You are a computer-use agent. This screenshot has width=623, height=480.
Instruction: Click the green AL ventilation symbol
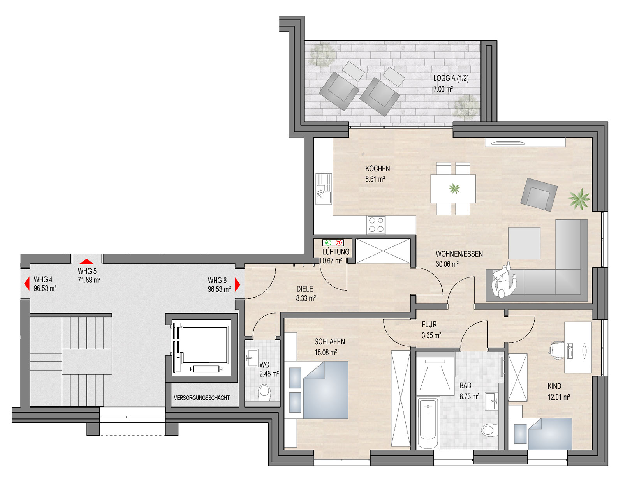pyautogui.click(x=328, y=243)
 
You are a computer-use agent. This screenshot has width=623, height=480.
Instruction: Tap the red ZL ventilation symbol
pyautogui.click(x=339, y=243)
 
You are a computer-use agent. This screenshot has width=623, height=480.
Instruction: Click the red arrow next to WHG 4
pyautogui.click(x=27, y=284)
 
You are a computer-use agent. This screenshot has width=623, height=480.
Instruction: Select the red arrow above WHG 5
pyautogui.click(x=86, y=261)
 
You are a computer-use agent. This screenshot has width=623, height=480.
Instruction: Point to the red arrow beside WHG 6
pyautogui.click(x=238, y=284)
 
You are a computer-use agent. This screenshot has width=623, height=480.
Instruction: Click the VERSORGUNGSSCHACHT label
pyautogui.click(x=202, y=398)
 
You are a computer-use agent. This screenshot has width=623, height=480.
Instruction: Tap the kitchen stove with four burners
pyautogui.click(x=377, y=225)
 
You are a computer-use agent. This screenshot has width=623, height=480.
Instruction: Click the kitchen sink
pyautogui.click(x=324, y=189)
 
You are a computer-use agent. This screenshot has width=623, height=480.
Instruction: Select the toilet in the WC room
pyautogui.click(x=264, y=392)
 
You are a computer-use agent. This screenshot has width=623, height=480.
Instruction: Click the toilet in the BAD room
pyautogui.click(x=489, y=430)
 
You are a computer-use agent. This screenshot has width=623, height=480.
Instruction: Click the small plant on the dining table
pyautogui.click(x=454, y=189)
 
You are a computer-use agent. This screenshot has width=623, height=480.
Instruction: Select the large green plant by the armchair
pyautogui.click(x=579, y=199)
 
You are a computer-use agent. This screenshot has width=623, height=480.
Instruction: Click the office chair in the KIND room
pyautogui.click(x=556, y=350)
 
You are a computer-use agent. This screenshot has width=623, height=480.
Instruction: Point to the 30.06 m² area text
pyautogui.click(x=447, y=264)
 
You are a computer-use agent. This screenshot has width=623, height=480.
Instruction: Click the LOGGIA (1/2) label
pyautogui.click(x=451, y=78)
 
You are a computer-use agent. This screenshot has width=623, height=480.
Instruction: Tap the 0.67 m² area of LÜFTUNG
pyautogui.click(x=332, y=261)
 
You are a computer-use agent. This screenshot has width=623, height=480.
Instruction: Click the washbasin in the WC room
pyautogui.click(x=252, y=358)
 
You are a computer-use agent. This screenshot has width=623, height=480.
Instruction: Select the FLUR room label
pyautogui.click(x=429, y=325)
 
